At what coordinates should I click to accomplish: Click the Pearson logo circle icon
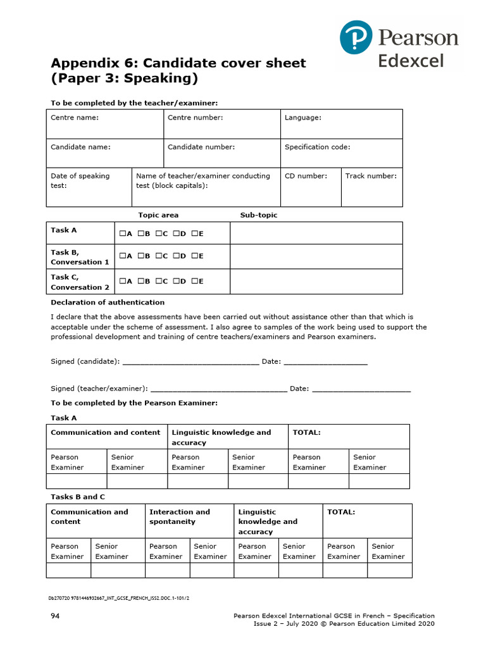click(357, 37)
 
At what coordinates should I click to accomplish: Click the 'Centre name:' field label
click(74, 118)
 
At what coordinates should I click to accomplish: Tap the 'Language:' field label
click(302, 118)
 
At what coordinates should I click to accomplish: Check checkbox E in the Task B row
click(194, 256)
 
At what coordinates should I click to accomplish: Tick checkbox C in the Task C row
click(158, 282)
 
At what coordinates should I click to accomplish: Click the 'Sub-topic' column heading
click(258, 215)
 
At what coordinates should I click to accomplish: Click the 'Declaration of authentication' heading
click(108, 302)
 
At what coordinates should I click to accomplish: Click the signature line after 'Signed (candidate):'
click(190, 362)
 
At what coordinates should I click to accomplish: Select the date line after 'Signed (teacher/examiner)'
click(361, 389)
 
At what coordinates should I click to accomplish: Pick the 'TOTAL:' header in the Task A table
click(306, 433)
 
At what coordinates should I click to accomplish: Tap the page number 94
click(55, 616)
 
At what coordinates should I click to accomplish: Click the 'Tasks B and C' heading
click(78, 497)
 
